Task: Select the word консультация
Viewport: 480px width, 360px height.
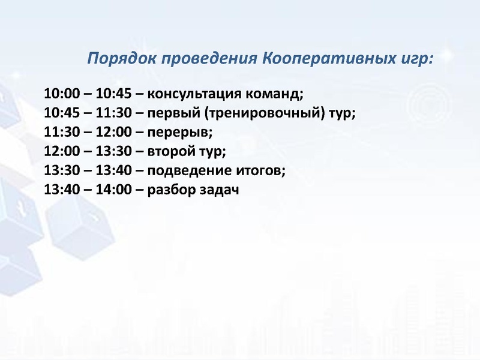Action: click(190, 94)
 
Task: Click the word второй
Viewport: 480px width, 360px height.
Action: click(168, 152)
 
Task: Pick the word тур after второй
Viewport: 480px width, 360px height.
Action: click(208, 152)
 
